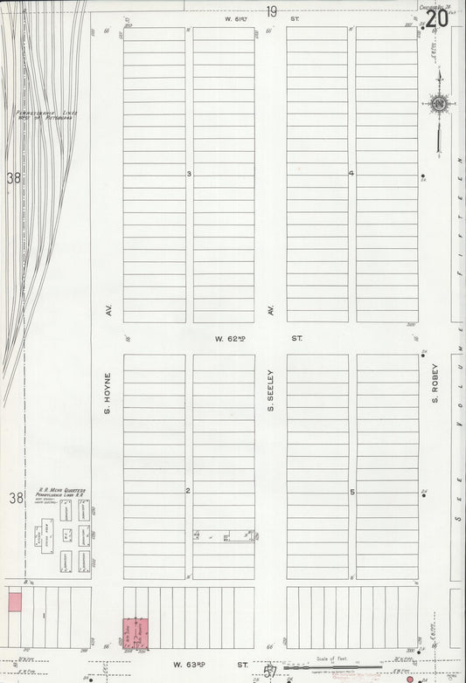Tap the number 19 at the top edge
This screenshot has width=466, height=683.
(272, 11)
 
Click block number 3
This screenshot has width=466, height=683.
(189, 174)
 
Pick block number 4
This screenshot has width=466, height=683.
(351, 173)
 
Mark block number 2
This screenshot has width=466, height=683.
(188, 491)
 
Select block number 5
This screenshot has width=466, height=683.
(352, 492)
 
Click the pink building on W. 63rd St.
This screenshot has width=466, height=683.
(134, 633)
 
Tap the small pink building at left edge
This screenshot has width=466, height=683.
(14, 601)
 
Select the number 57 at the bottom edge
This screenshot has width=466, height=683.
(270, 673)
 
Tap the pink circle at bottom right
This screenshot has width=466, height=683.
(409, 678)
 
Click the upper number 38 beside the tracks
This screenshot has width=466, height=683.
(13, 178)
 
